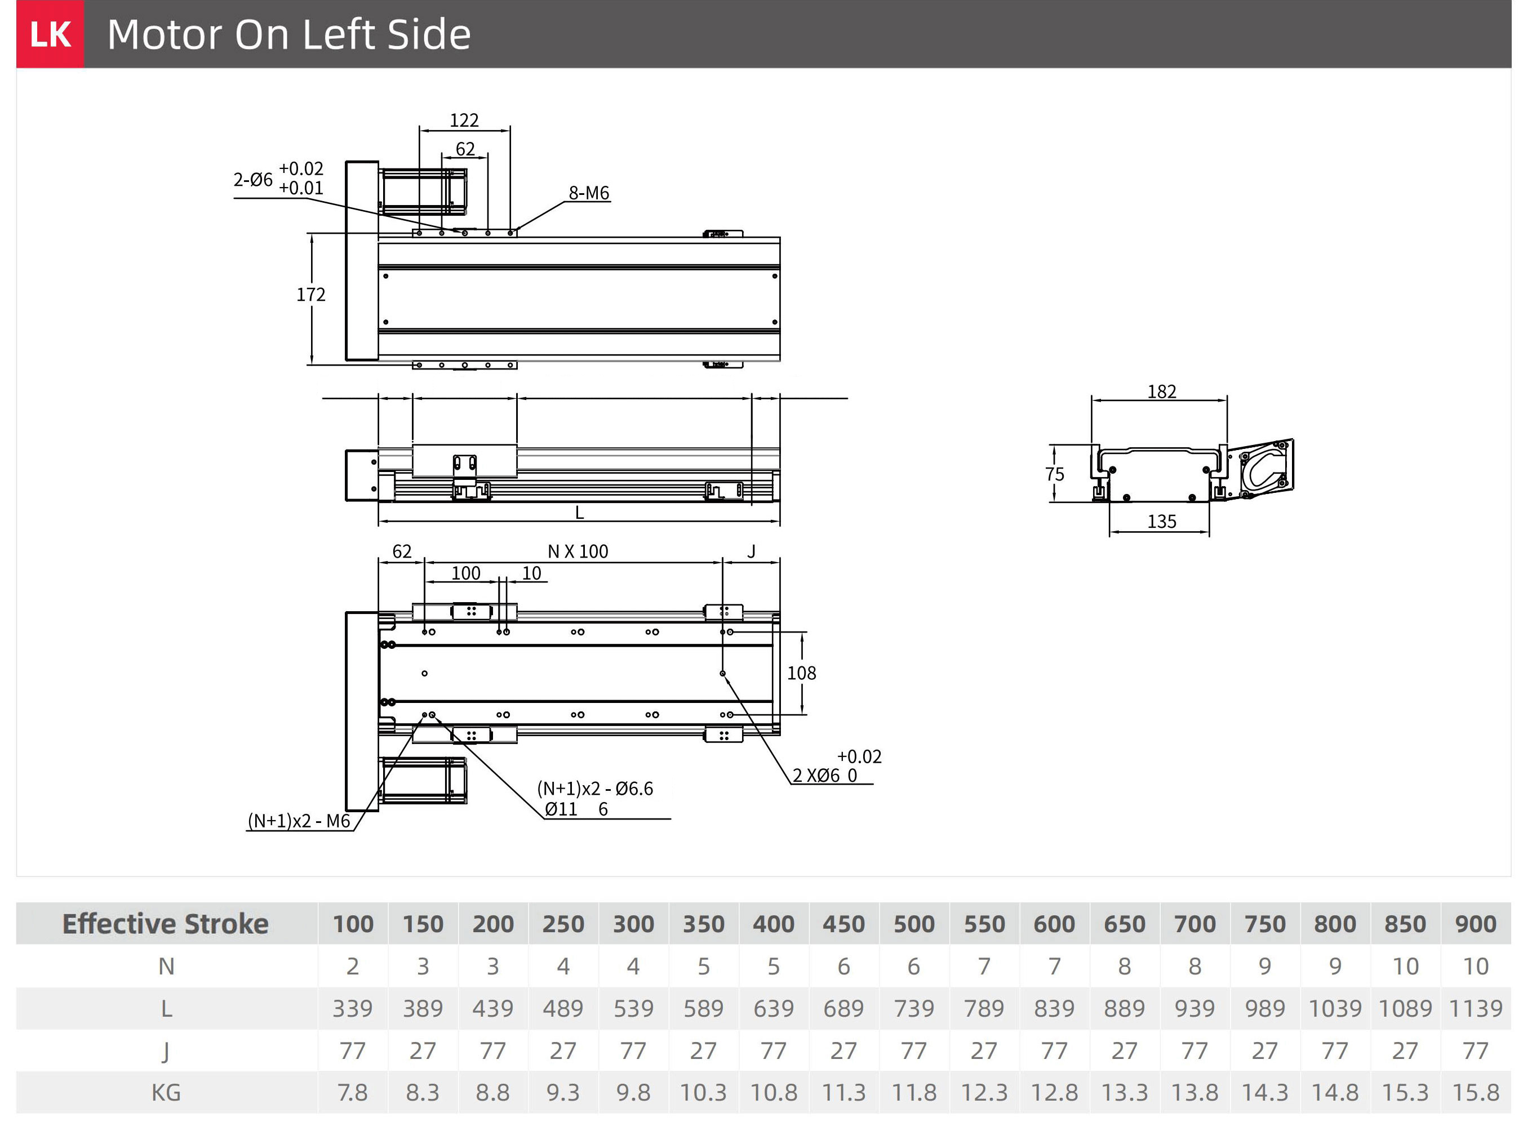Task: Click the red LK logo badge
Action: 50,34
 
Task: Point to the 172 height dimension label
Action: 311,295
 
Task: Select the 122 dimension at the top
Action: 464,121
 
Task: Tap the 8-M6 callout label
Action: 589,193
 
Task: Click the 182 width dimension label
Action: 1161,392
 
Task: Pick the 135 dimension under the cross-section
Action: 1161,522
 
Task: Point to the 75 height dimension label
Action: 1054,474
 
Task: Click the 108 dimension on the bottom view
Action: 801,673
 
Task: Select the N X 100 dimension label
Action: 578,552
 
